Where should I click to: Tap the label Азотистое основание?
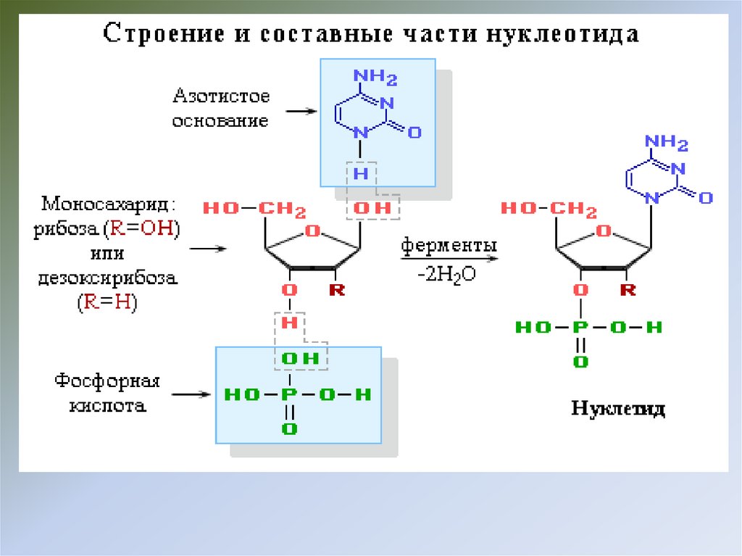[220, 108]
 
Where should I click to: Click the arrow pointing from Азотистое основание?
[301, 112]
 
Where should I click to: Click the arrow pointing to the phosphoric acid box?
[191, 395]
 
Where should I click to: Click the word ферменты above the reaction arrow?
[449, 245]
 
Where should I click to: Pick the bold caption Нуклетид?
[618, 409]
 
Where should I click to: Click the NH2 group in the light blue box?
[375, 77]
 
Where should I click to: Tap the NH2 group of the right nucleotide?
[665, 142]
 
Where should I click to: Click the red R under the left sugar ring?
[337, 291]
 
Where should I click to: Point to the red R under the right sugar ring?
[628, 291]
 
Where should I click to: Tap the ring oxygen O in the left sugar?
[313, 231]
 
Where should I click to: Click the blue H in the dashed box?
[360, 174]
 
